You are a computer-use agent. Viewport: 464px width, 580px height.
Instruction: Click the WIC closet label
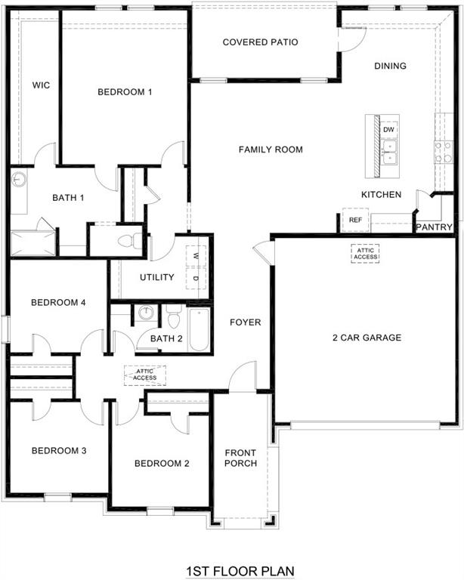tap(41, 85)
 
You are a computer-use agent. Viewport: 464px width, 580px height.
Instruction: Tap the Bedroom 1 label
tap(125, 92)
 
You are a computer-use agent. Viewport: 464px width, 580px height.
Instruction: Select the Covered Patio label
tap(260, 42)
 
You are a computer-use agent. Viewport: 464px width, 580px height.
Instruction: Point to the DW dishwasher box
tap(389, 130)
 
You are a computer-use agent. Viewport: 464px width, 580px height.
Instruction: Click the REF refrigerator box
tap(355, 220)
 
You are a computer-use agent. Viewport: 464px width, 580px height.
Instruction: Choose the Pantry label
tap(435, 227)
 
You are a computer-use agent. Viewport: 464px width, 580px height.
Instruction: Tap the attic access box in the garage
tap(364, 254)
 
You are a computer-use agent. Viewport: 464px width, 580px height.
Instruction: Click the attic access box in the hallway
tap(145, 375)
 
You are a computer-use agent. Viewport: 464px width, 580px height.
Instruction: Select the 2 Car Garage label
tap(367, 338)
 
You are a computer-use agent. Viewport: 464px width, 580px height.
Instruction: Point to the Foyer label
tap(246, 322)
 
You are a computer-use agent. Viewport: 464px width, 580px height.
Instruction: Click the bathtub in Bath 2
tap(200, 329)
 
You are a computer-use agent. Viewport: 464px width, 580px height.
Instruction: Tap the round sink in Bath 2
tap(146, 313)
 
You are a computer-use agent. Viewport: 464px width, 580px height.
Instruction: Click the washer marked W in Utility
tap(196, 255)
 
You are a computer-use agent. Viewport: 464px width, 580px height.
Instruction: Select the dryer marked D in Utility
tap(196, 279)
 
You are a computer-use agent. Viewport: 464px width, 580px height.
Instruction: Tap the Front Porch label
tap(241, 458)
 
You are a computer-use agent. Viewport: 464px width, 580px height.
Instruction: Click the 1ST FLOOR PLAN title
tap(240, 571)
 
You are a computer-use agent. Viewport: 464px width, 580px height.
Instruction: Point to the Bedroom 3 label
tap(58, 451)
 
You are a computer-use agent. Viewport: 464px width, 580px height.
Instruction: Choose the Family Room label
tap(271, 150)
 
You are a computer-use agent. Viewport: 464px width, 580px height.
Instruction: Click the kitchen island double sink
tap(390, 157)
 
